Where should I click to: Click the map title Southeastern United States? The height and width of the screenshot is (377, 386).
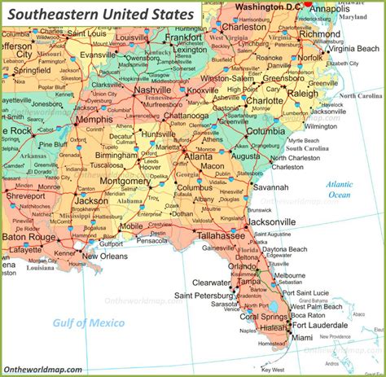[x=100, y=14]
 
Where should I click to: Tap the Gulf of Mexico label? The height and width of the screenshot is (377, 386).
[x=89, y=323]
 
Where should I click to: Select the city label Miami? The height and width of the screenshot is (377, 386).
[x=301, y=337]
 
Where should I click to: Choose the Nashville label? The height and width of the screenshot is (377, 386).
[x=153, y=90]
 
